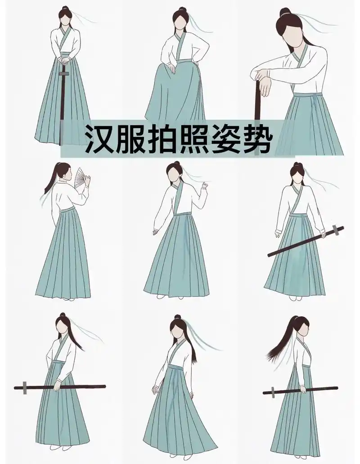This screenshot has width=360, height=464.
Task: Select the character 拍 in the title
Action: (x=162, y=138)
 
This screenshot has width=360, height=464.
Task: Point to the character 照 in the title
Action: (x=193, y=138)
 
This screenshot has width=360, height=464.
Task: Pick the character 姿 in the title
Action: (x=225, y=138)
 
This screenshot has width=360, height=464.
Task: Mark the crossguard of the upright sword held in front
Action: (x=64, y=73)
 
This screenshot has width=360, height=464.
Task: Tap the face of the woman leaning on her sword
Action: (x=292, y=32)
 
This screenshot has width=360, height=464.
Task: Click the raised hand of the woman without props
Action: (x=206, y=185)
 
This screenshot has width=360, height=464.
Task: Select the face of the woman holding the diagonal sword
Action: (x=296, y=177)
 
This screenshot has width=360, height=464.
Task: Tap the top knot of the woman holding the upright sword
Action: (x=66, y=9)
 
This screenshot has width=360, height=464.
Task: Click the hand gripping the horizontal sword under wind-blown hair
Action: (x=303, y=390)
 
